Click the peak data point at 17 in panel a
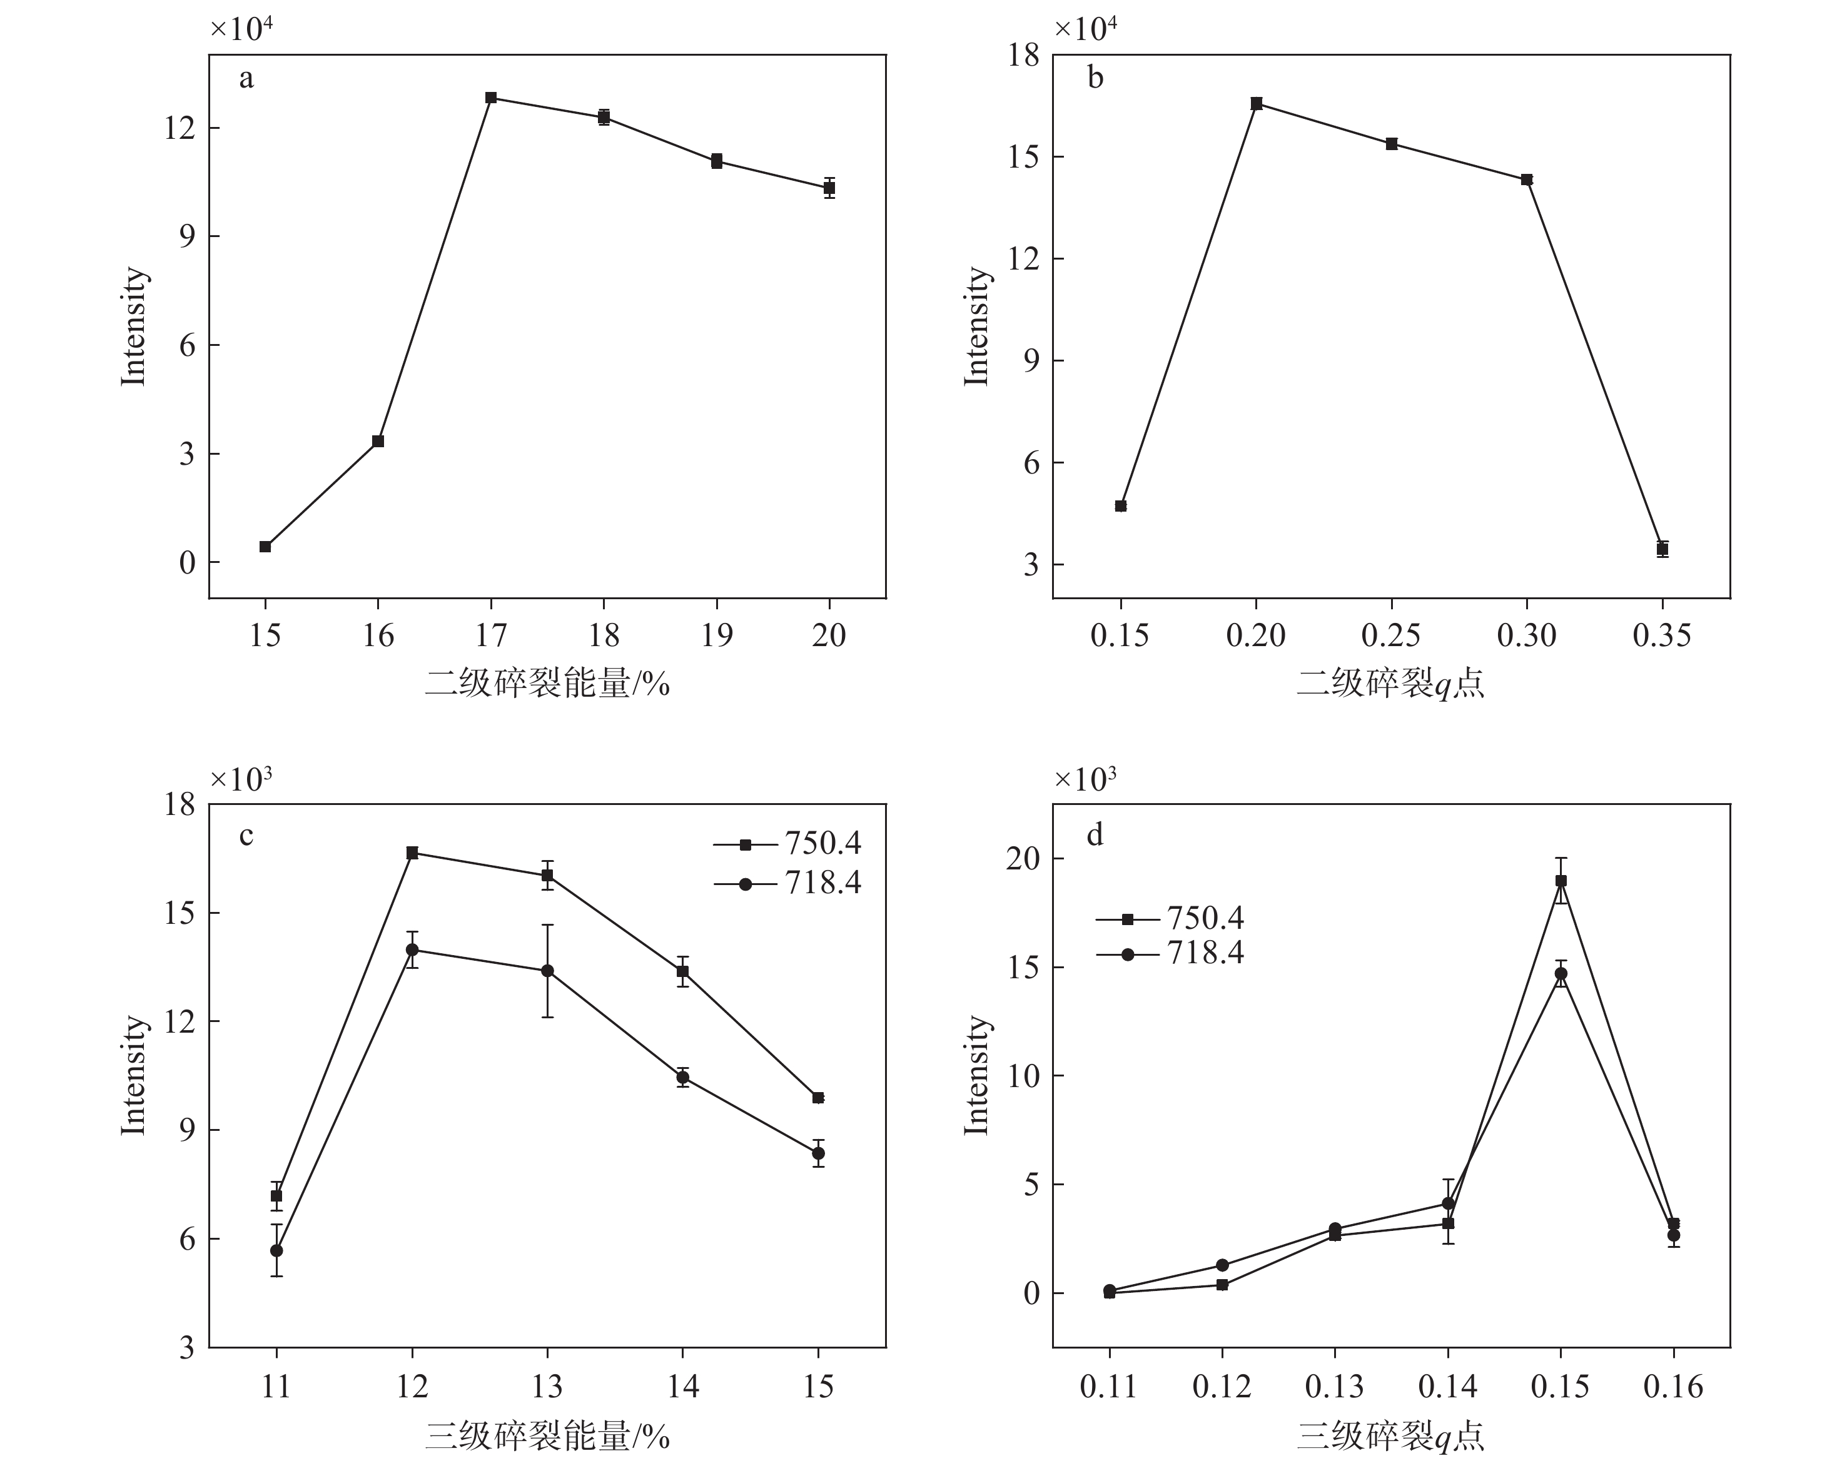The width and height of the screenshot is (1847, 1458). tap(491, 98)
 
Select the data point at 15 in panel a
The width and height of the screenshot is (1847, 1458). tap(265, 546)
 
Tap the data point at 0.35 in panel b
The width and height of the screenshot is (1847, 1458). tap(1662, 549)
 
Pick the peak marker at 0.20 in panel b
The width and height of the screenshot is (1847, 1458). tap(1257, 103)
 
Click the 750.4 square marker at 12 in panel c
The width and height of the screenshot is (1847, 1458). tap(412, 853)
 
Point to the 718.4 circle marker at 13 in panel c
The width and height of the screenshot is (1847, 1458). tap(547, 971)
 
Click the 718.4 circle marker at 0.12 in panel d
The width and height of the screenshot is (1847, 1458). tap(1222, 1265)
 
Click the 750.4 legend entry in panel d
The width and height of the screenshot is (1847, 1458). tap(1170, 918)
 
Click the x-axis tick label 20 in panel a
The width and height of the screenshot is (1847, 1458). tap(829, 635)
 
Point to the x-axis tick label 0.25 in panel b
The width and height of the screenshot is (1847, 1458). tap(1391, 635)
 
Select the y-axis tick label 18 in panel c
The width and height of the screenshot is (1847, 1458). tap(180, 804)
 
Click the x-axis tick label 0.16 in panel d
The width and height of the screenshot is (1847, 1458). tap(1673, 1386)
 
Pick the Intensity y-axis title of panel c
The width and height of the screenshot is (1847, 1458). tap(134, 1076)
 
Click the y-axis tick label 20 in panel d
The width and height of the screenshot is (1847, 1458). tap(1025, 859)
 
